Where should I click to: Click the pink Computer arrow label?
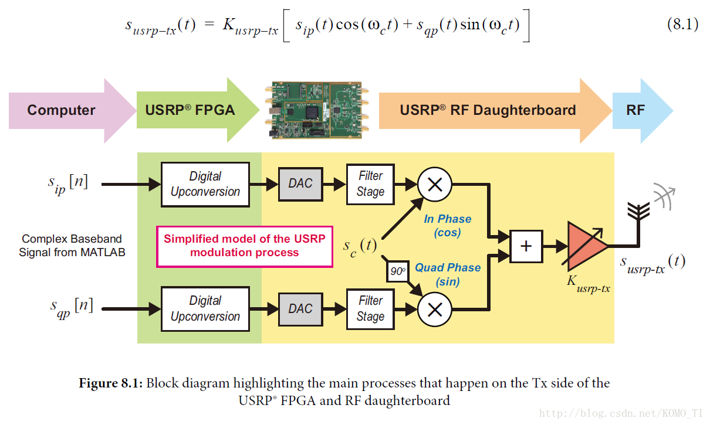coord(61,110)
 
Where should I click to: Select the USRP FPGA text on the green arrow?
coord(190,110)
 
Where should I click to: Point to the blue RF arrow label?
coord(635,110)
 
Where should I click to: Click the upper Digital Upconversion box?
coord(205,184)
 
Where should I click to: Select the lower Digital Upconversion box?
coord(205,309)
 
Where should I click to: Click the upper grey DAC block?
coord(300,184)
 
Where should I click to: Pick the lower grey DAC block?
coord(300,309)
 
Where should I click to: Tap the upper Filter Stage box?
coord(370,184)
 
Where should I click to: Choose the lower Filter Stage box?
coord(370,309)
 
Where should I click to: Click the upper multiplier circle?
coord(435,184)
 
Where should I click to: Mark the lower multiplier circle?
coord(435,310)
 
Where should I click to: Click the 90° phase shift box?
coord(398,271)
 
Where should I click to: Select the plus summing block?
coord(526,246)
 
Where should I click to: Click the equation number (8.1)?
coord(683,24)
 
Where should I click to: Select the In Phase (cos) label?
coord(447,226)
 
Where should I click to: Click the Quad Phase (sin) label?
coord(448,274)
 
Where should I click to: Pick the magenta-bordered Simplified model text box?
coord(244,246)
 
